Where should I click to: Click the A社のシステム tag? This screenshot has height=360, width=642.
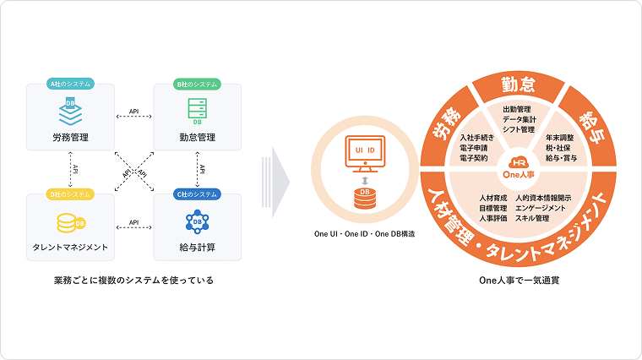[70, 85]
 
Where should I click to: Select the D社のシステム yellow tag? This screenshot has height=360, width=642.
[70, 195]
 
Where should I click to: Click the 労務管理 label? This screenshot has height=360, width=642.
[70, 137]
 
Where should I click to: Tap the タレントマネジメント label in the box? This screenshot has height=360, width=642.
[70, 248]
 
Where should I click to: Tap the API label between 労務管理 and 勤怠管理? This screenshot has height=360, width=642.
[134, 111]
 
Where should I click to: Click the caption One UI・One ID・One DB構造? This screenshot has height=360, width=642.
[364, 233]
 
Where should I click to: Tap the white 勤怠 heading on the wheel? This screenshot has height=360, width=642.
[517, 85]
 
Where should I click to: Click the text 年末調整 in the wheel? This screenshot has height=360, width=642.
[560, 137]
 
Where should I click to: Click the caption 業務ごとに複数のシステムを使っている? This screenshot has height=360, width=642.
[133, 280]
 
